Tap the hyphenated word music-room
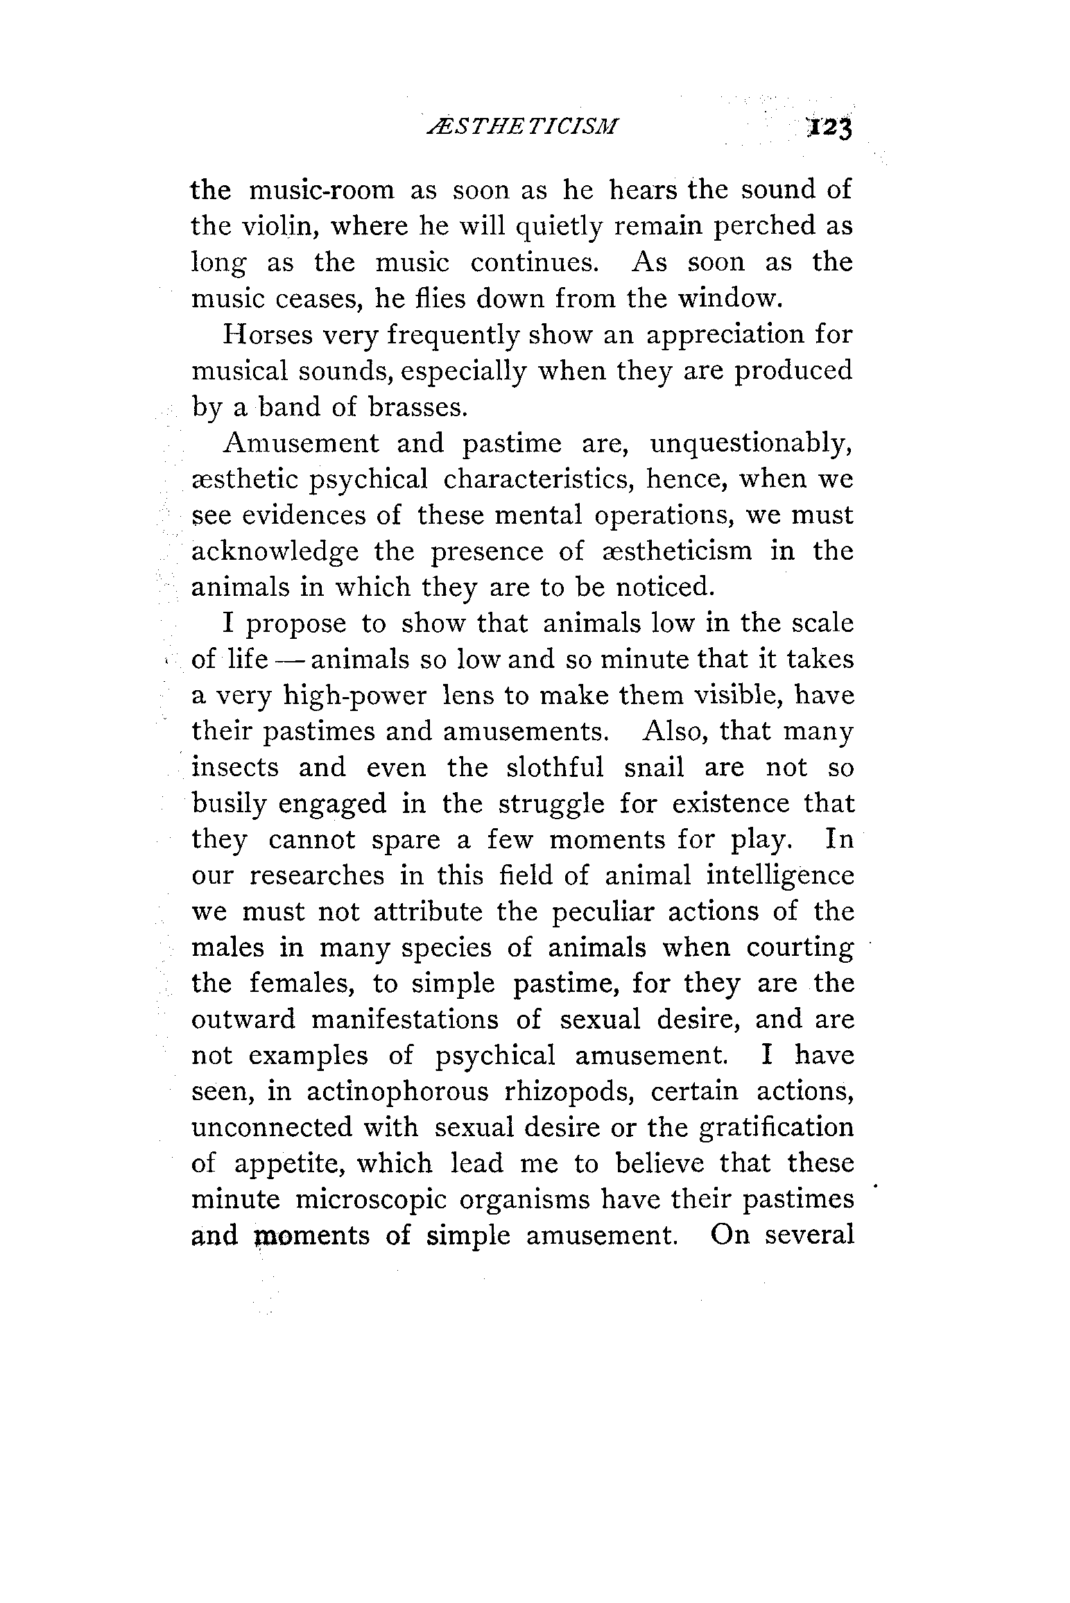[321, 189]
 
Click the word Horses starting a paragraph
[264, 334]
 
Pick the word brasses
[418, 406]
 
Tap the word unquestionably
[751, 443]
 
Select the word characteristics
[583, 479]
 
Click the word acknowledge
[275, 551]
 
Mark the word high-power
[355, 696]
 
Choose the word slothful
[555, 768]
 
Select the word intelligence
[780, 875]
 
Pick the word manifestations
[405, 1020]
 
